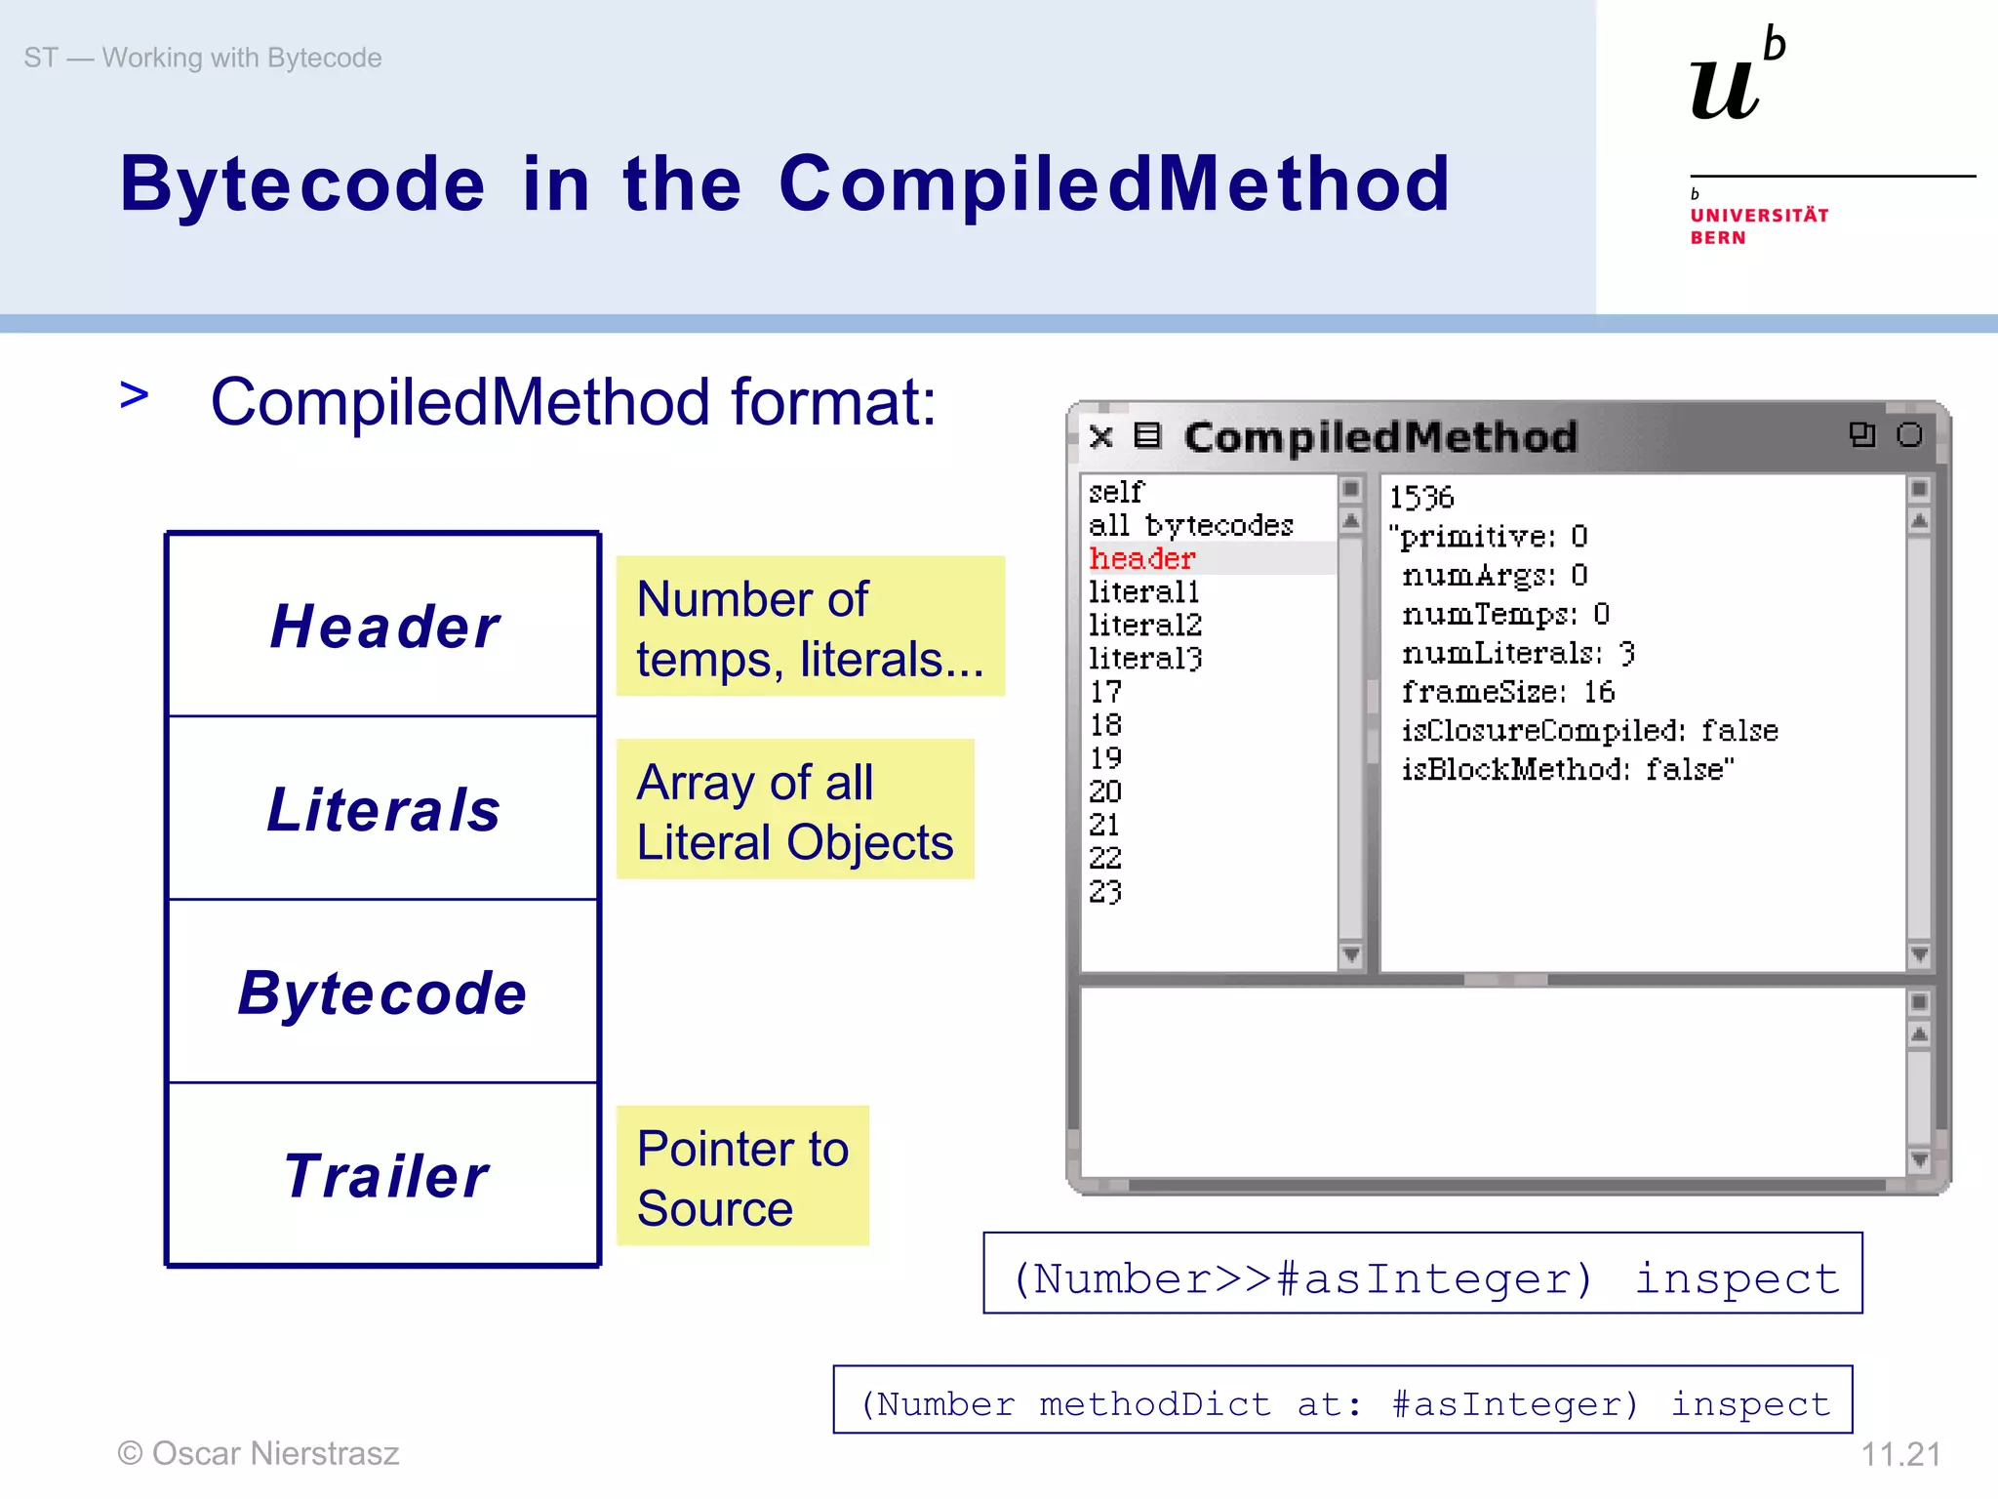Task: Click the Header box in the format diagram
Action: tap(383, 626)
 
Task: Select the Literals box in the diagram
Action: tap(383, 809)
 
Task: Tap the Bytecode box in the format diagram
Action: tap(383, 993)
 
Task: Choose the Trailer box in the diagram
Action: tap(383, 1175)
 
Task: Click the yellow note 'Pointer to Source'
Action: tap(742, 1177)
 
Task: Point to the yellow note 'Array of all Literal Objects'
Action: tap(794, 810)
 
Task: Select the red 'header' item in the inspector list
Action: tap(1142, 559)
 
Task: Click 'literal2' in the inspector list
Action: tap(1145, 625)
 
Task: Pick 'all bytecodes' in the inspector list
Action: tap(1190, 526)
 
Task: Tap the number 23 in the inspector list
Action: tap(1105, 891)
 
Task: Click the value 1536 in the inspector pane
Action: tap(1421, 498)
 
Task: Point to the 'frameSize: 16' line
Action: tap(1507, 692)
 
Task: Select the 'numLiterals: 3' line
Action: tap(1518, 653)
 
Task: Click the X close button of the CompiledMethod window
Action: tap(1101, 436)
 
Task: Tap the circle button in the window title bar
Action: tap(1909, 435)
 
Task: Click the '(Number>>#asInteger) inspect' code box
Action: tap(1422, 1275)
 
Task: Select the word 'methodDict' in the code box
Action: tap(1155, 1404)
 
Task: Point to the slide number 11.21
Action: tap(1900, 1454)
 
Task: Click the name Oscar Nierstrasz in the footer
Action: tap(275, 1454)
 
